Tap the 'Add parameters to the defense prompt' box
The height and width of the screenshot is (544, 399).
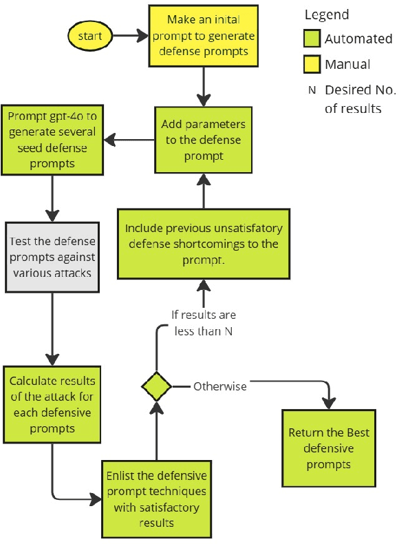click(x=203, y=140)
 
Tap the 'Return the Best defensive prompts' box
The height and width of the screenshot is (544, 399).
click(x=329, y=448)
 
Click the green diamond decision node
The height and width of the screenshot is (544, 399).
click(x=156, y=386)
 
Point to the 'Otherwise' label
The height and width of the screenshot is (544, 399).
click(x=219, y=386)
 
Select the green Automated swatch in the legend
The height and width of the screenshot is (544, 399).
click(x=314, y=39)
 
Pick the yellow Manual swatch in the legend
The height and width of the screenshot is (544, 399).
click(x=314, y=65)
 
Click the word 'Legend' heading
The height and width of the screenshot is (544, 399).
click(x=326, y=14)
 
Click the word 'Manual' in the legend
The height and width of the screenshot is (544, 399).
click(x=347, y=65)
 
